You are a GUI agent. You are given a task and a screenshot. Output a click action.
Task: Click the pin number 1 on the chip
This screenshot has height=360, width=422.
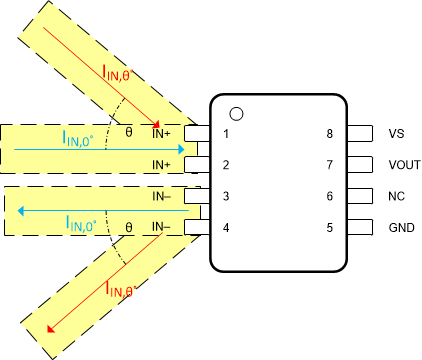227,133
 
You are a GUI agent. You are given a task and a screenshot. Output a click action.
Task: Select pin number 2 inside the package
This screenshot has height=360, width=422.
227,165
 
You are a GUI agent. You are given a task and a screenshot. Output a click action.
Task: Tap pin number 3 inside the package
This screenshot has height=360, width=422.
227,197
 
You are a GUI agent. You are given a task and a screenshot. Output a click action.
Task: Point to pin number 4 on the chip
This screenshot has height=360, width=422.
227,229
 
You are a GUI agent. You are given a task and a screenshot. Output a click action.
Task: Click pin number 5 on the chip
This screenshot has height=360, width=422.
329,229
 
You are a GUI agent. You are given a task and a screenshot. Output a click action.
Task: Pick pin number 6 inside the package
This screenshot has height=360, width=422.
329,197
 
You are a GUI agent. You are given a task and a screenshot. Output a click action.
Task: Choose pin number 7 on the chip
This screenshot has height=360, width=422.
329,165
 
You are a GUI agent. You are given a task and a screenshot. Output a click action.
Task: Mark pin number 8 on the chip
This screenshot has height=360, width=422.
329,133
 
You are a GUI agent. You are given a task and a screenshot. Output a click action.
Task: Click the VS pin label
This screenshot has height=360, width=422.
396,133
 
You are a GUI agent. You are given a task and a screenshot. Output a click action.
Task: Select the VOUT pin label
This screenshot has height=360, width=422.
403,165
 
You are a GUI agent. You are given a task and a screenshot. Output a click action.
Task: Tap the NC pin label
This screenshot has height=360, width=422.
396,197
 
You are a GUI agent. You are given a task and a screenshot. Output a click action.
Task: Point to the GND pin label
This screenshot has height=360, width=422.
400,229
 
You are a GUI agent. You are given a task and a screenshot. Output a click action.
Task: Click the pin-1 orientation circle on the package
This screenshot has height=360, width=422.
237,114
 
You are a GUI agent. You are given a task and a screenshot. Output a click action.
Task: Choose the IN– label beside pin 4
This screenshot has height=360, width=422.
163,229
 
